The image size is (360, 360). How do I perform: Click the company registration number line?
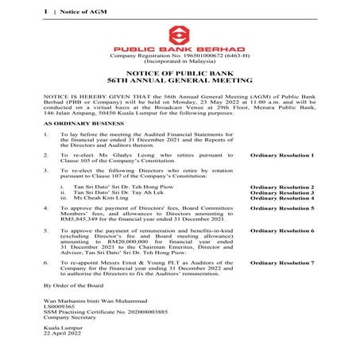(x=180, y=55)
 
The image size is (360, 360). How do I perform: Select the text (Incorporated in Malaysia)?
(x=180, y=61)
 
